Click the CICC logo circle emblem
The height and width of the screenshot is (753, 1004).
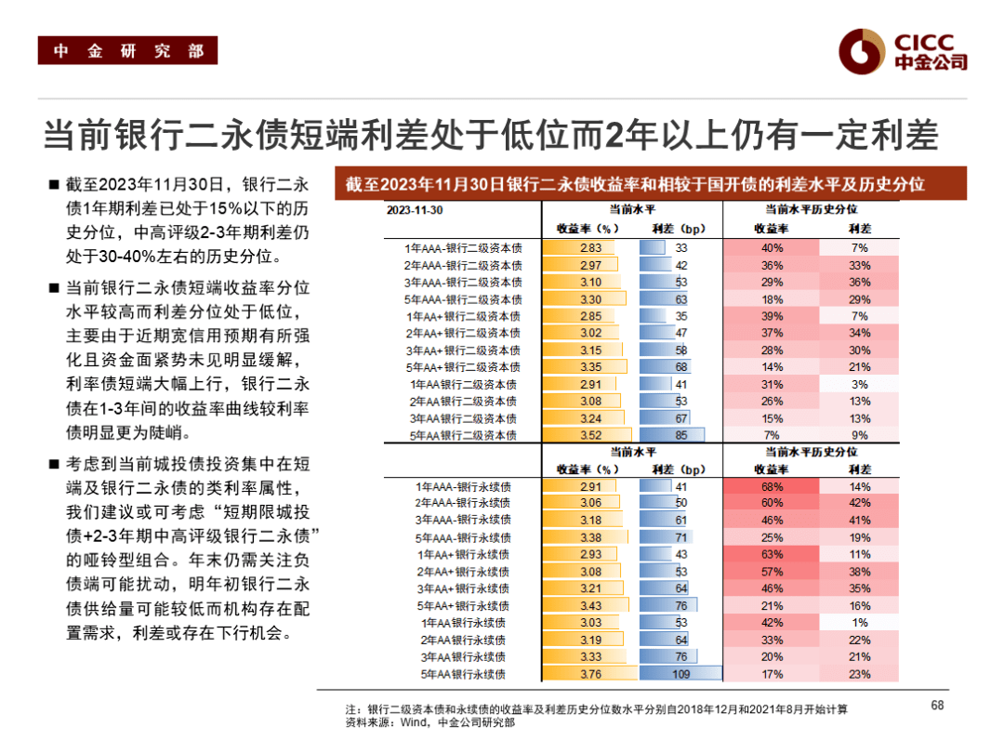[x=861, y=50]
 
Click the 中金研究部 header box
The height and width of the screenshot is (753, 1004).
[x=127, y=51]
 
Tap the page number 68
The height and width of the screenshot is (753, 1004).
[x=937, y=705]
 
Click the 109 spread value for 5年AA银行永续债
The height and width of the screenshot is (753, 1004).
[x=681, y=674]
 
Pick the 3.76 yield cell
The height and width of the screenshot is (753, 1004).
[x=590, y=674]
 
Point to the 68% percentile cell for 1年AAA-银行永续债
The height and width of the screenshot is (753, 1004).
[x=771, y=486]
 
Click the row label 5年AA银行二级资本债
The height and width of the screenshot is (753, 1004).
[x=462, y=435]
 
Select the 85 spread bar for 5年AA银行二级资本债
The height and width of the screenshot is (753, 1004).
[x=681, y=435]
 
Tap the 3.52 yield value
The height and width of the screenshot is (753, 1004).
[x=590, y=435]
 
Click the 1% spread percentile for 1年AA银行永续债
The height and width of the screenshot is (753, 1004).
[x=859, y=623]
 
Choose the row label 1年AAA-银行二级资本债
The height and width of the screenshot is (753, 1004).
[x=463, y=248]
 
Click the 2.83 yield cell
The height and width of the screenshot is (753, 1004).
[x=590, y=248]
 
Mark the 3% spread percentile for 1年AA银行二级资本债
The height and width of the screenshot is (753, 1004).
[x=859, y=384]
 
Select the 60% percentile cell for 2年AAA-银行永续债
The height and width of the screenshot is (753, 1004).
[x=771, y=503]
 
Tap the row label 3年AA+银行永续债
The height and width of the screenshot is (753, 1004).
[x=462, y=588]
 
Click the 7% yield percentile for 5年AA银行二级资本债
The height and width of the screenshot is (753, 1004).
[x=771, y=435]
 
